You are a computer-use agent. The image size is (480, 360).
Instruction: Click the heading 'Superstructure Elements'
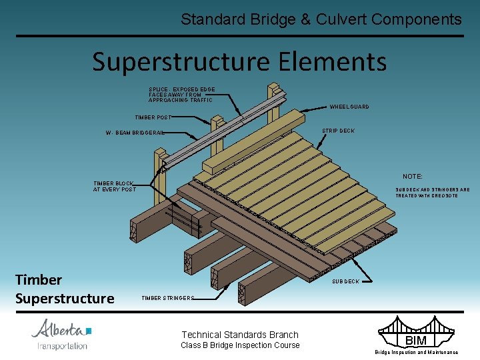239,61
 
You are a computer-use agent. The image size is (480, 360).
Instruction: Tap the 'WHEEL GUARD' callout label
349,107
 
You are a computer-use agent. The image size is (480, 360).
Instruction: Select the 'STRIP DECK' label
338,131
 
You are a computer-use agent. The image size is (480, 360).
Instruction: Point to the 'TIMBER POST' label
153,117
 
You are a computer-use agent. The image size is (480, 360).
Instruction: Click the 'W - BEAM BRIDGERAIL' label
135,133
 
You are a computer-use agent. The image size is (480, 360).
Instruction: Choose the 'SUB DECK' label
345,281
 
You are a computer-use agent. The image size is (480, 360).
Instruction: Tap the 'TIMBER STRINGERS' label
167,298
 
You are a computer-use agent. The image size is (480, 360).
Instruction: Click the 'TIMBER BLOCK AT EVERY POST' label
114,186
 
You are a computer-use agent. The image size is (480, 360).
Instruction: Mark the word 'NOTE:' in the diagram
412,177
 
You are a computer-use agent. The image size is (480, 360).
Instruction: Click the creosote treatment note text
432,193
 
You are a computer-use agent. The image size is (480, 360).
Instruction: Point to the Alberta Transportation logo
62,334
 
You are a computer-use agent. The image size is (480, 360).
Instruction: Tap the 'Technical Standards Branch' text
240,335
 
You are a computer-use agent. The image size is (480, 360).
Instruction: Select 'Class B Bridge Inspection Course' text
240,345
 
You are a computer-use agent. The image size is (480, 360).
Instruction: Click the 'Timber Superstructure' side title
65,289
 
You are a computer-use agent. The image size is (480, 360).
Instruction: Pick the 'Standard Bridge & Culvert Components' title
321,19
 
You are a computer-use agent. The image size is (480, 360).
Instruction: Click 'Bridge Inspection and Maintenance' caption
416,352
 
